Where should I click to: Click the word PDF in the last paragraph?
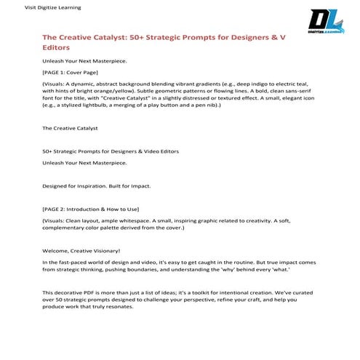point(84,292)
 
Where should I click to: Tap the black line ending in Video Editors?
point(111,151)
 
